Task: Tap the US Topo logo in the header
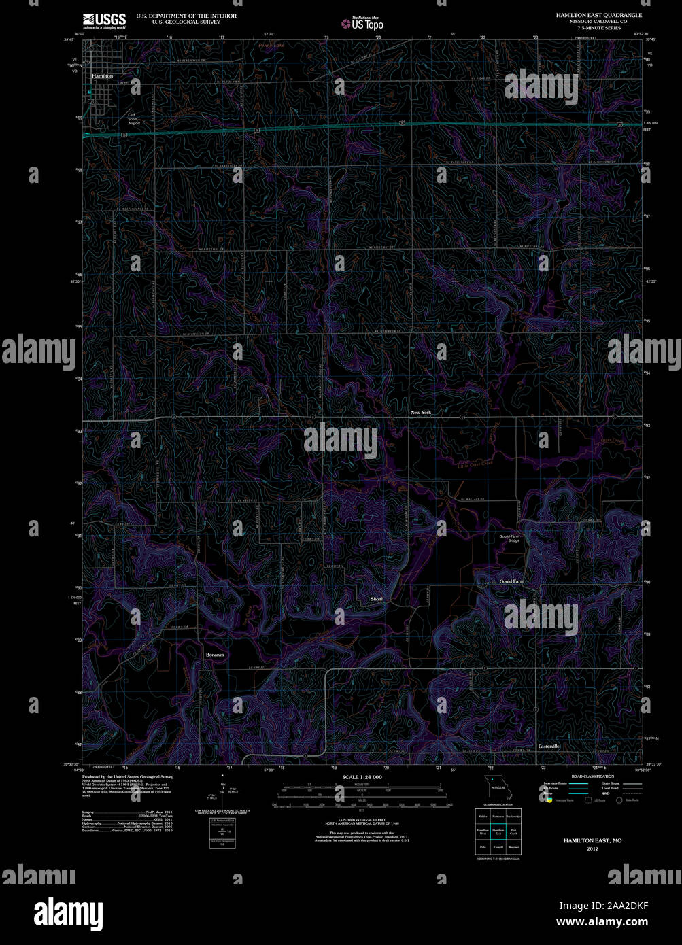pyautogui.click(x=362, y=23)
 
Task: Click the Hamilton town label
pyautogui.click(x=102, y=76)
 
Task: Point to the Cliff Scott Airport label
pyautogui.click(x=134, y=119)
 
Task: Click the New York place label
pyautogui.click(x=421, y=412)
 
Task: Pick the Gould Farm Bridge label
pyautogui.click(x=509, y=538)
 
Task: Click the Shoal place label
pyautogui.click(x=377, y=599)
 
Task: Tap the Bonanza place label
pyautogui.click(x=215, y=655)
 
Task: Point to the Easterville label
pyautogui.click(x=549, y=746)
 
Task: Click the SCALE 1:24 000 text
pyautogui.click(x=362, y=777)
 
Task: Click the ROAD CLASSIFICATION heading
pyautogui.click(x=592, y=776)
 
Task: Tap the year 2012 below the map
pyautogui.click(x=592, y=848)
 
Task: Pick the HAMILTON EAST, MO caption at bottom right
pyautogui.click(x=592, y=840)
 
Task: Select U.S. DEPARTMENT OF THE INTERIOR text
pyautogui.click(x=186, y=16)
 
